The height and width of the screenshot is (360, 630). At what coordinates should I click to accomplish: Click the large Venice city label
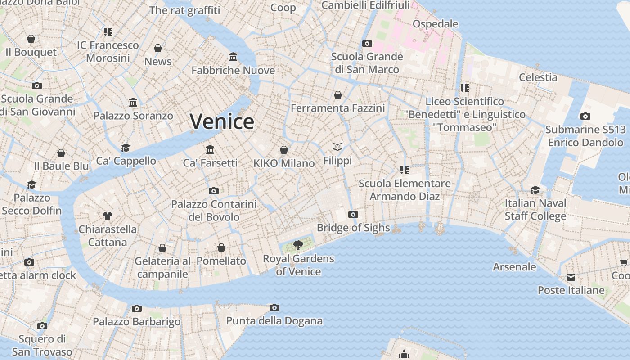click(x=222, y=121)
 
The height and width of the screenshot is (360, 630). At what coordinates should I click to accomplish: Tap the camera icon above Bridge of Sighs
click(x=353, y=214)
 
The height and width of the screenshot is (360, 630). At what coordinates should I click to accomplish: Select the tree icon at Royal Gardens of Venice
click(x=298, y=245)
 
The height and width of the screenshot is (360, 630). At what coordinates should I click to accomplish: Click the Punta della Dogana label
click(x=274, y=321)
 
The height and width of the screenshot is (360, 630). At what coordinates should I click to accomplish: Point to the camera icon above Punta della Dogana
click(x=274, y=308)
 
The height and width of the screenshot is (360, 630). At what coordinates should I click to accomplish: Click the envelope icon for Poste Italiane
click(x=571, y=277)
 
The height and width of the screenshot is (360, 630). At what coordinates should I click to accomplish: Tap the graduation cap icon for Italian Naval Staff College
click(x=535, y=190)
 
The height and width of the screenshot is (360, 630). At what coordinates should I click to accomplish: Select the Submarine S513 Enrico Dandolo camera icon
click(x=585, y=117)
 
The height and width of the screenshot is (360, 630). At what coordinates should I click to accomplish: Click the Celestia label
click(x=538, y=77)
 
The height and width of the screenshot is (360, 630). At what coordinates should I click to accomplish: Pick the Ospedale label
click(x=435, y=24)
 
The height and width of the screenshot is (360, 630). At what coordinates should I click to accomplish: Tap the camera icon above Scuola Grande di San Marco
click(x=367, y=44)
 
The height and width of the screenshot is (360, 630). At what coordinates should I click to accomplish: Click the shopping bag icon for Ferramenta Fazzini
click(x=338, y=95)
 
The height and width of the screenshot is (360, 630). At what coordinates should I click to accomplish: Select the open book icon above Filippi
click(x=337, y=147)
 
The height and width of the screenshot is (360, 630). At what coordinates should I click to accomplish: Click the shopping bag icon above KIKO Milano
click(x=284, y=150)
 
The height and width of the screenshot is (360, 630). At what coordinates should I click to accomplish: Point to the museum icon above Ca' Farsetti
click(x=210, y=149)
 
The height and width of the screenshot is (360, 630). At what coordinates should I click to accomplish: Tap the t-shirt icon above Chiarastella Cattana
click(x=108, y=216)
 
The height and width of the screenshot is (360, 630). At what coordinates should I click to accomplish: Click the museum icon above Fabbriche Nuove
click(x=233, y=57)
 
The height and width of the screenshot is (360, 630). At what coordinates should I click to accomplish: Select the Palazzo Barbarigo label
click(x=136, y=322)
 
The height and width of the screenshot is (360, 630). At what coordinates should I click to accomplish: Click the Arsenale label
click(x=514, y=267)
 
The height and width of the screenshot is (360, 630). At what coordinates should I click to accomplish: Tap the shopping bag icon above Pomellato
click(x=221, y=247)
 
